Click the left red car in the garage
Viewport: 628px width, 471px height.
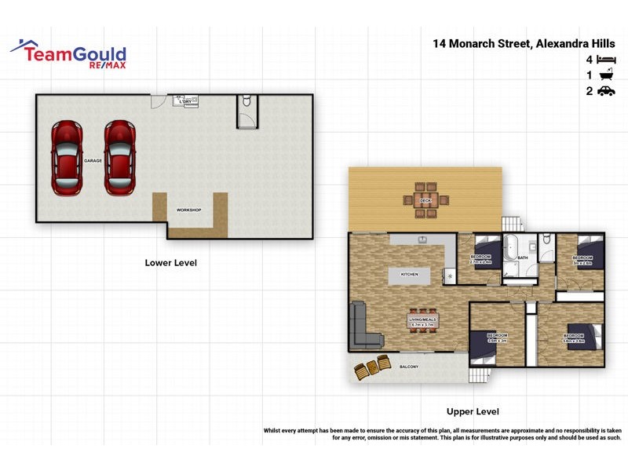(x=66, y=158)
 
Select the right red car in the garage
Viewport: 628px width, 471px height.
(x=120, y=158)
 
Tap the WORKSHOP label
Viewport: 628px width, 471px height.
(x=189, y=210)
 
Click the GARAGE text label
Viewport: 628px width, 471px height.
(x=93, y=160)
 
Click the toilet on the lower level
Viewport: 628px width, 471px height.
(x=246, y=102)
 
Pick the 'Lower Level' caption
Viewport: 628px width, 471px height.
(x=171, y=262)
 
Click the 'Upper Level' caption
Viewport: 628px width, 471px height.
(x=473, y=411)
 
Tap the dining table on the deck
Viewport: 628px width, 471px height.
(x=425, y=201)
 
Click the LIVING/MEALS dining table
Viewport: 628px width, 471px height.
(x=422, y=320)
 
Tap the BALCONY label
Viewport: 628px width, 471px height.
(x=409, y=367)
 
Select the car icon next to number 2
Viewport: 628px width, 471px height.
(x=606, y=91)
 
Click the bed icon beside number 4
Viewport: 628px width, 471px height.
(x=606, y=60)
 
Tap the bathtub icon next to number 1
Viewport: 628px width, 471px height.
(x=606, y=75)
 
